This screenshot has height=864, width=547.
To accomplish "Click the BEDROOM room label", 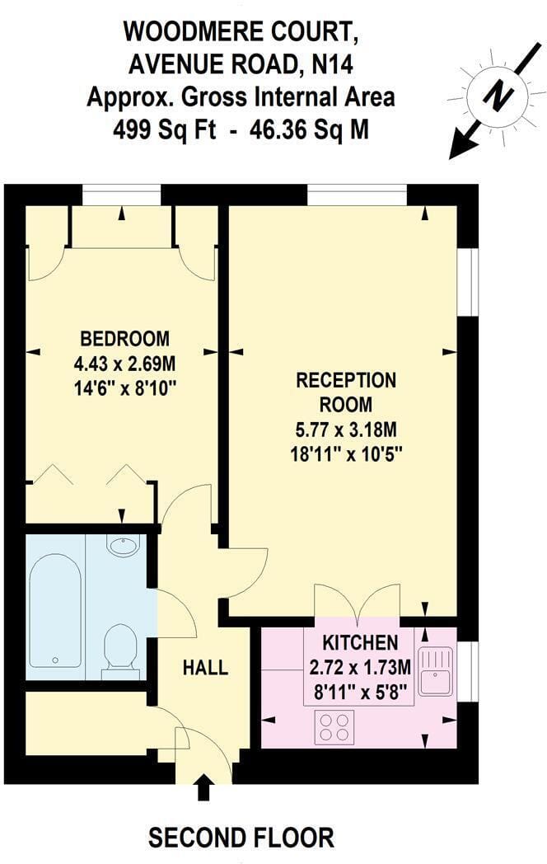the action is coord(125,338).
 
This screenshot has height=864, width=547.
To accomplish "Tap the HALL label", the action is coord(205,667).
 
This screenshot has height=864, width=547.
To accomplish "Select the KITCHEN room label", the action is coord(360,642).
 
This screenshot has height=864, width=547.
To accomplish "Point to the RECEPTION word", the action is coord(346,380).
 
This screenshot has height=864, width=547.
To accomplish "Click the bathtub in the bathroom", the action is coord(56,611).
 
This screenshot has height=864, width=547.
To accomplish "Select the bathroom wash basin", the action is coord(124,546).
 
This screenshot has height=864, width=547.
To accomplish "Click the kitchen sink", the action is coord(435,670).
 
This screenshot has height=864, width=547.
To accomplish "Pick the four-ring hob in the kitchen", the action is coord(334,727).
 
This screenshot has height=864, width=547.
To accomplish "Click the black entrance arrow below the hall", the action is coord(203,787).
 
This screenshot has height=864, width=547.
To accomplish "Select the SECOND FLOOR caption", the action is coord(241,838).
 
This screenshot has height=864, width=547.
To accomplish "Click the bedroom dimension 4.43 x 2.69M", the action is coord(125,364).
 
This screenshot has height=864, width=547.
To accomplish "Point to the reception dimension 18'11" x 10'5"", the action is coord(346,454).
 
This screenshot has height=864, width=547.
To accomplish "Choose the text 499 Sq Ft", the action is coord(164,130).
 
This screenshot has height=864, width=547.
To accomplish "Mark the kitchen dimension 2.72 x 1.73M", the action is coord(360,667).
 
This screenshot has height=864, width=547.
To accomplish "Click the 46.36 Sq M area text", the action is coord(308,130).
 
